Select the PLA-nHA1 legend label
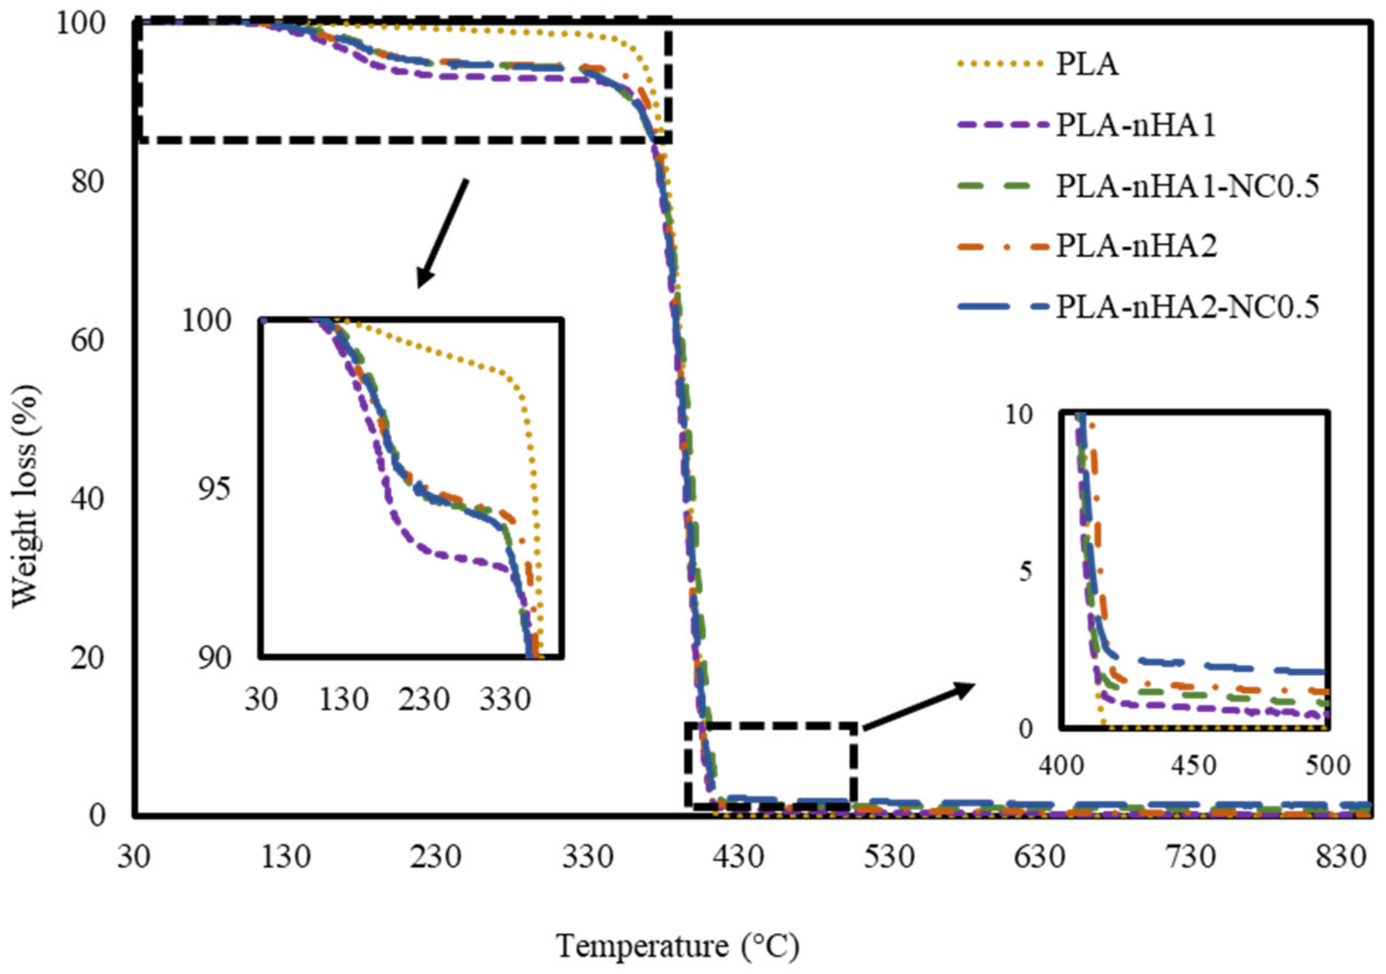tap(1135, 125)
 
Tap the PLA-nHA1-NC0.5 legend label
tap(1187, 186)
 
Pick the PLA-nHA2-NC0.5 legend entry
tap(1187, 306)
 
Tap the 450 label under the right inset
tap(1195, 766)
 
